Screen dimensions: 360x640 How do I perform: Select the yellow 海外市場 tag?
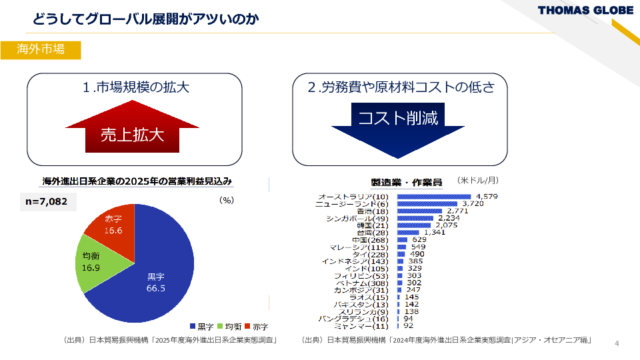click(x=41, y=50)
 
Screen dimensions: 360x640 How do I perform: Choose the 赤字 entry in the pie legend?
click(x=257, y=327)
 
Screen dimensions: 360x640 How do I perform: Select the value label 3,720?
click(x=472, y=203)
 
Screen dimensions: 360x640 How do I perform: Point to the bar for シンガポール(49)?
click(x=415, y=218)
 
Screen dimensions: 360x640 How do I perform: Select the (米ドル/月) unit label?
click(x=478, y=180)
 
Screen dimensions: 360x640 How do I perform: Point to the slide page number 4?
click(x=617, y=343)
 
